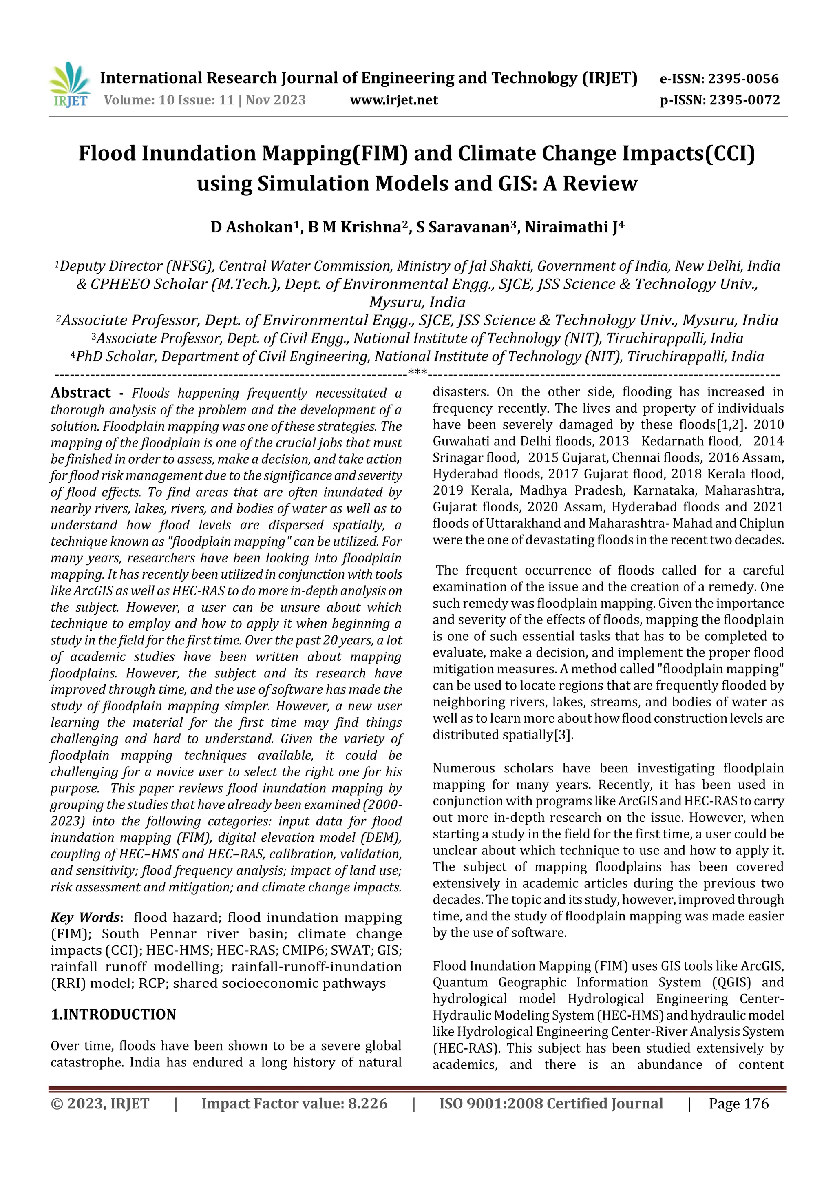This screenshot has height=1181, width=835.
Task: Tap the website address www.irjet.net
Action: pyautogui.click(x=393, y=100)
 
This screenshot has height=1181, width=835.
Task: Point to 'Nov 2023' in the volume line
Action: pyautogui.click(x=276, y=100)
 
